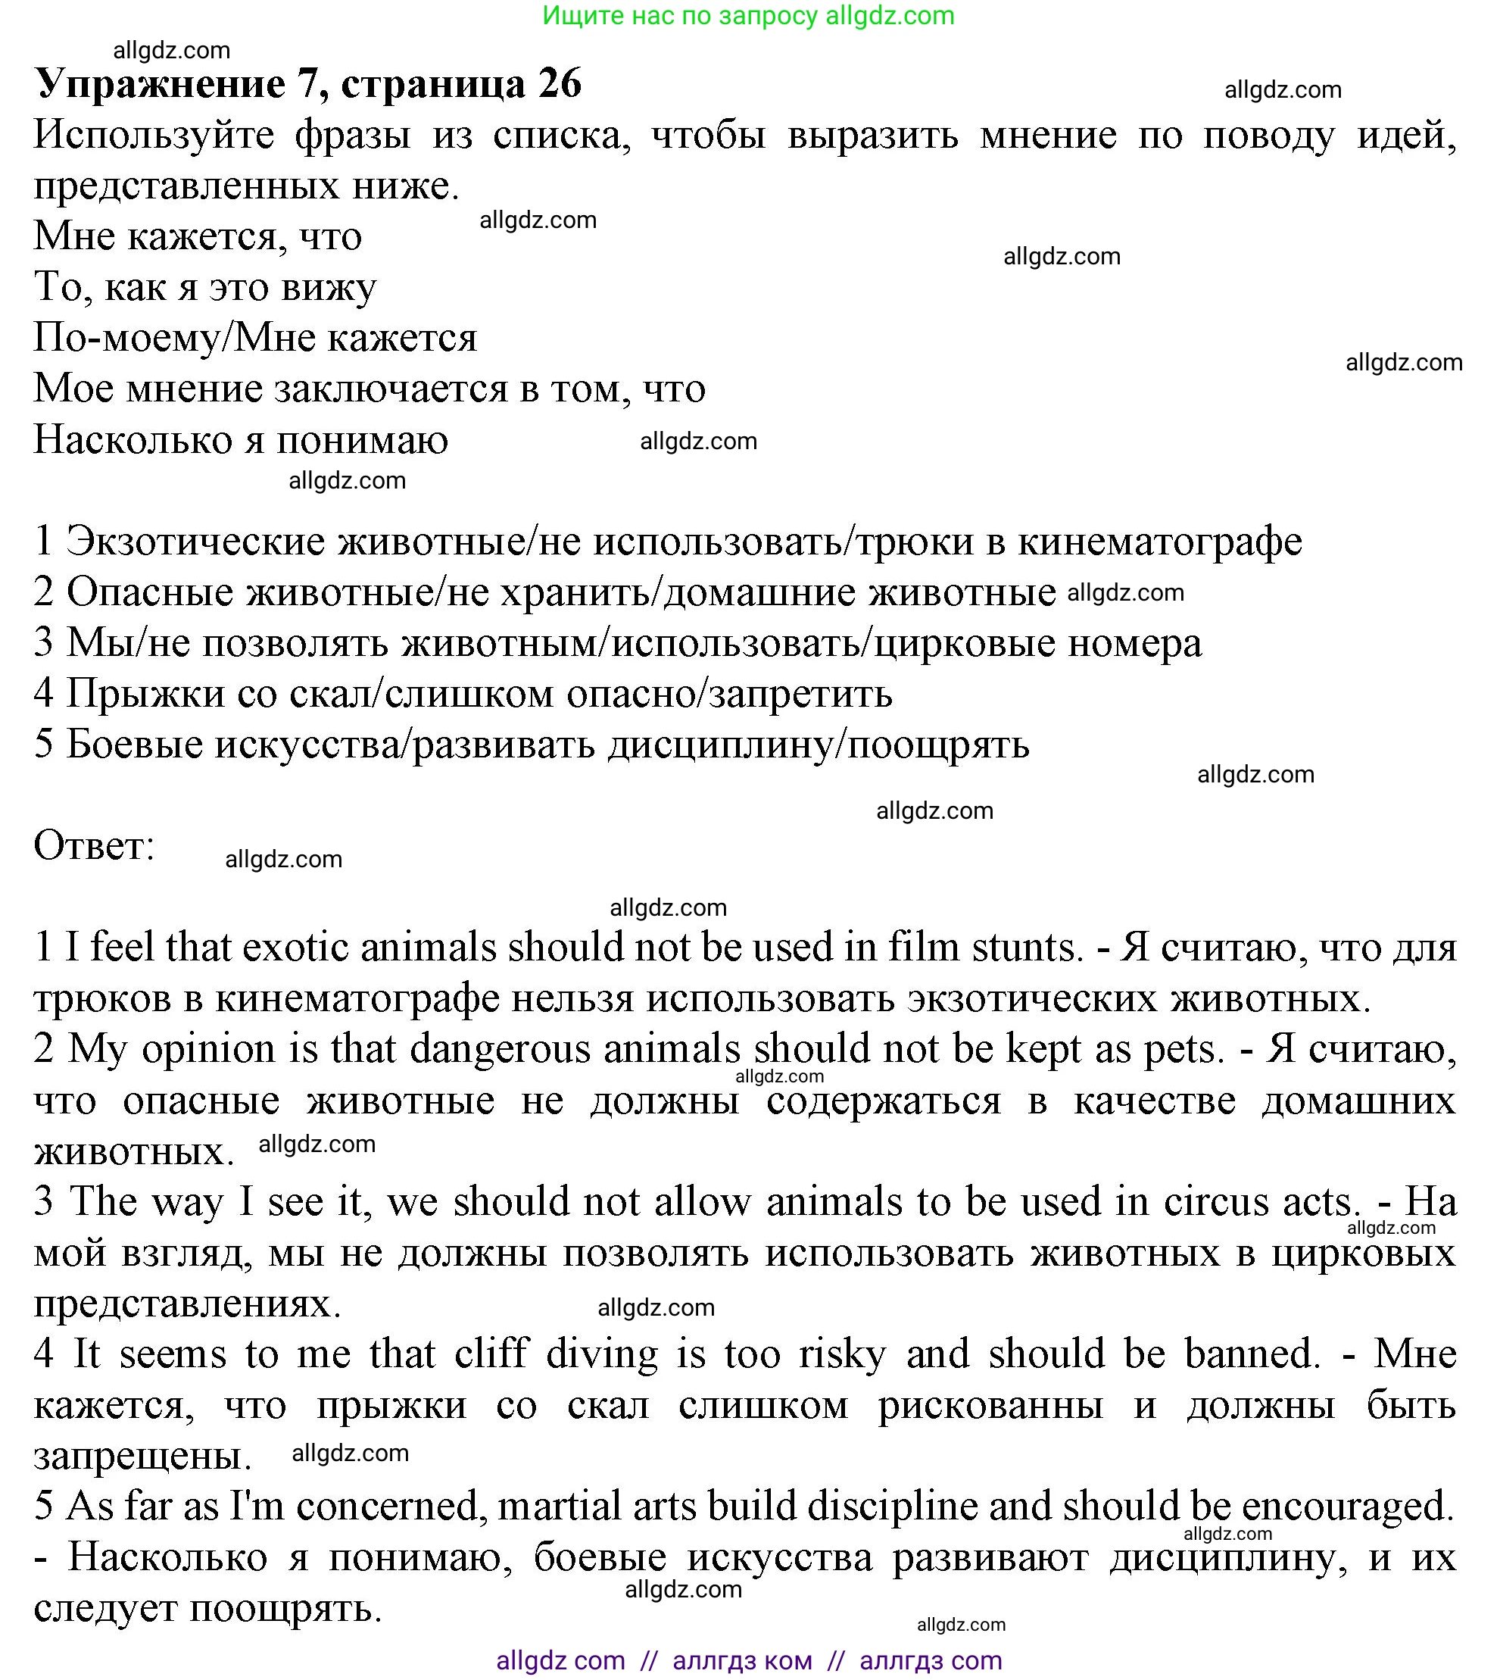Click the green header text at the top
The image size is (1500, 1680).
coord(747,16)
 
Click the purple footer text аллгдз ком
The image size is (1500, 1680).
coord(742,1660)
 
